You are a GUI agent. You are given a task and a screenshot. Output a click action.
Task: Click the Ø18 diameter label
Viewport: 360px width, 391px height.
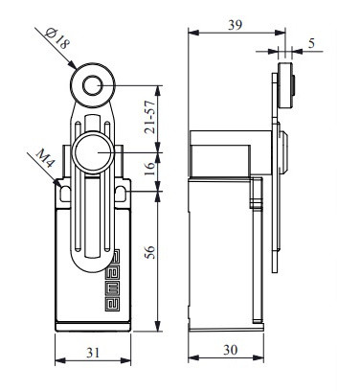pos(57,38)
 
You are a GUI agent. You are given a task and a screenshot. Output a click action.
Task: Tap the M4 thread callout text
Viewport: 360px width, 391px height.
pos(45,158)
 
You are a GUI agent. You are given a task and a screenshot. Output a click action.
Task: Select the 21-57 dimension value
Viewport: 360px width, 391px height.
pos(149,117)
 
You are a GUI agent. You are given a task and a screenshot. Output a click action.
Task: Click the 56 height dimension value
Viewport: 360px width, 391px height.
pos(149,252)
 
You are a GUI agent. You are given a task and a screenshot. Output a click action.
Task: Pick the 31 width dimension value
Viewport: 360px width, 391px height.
pos(93,353)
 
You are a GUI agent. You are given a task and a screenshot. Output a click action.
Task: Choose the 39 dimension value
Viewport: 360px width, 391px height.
pos(236,25)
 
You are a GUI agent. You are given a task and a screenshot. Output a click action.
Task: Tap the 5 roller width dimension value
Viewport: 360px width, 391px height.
pos(311,43)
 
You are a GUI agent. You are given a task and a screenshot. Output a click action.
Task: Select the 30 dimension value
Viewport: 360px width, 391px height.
pos(230,350)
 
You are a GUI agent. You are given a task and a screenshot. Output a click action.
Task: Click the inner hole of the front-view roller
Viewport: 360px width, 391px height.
pos(93,85)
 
